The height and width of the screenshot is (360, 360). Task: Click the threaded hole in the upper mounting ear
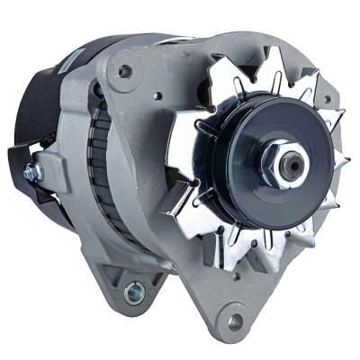(124, 71)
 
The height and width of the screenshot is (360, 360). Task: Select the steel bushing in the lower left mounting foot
(136, 290)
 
